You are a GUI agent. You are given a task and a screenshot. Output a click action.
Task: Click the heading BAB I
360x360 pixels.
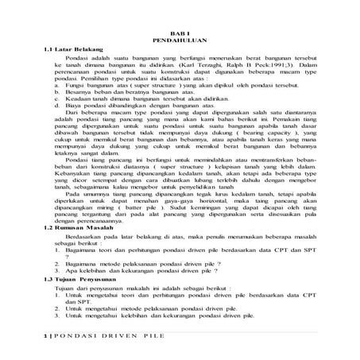tap(180, 29)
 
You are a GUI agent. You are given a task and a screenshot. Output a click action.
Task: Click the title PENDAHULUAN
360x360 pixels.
tap(180, 37)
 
